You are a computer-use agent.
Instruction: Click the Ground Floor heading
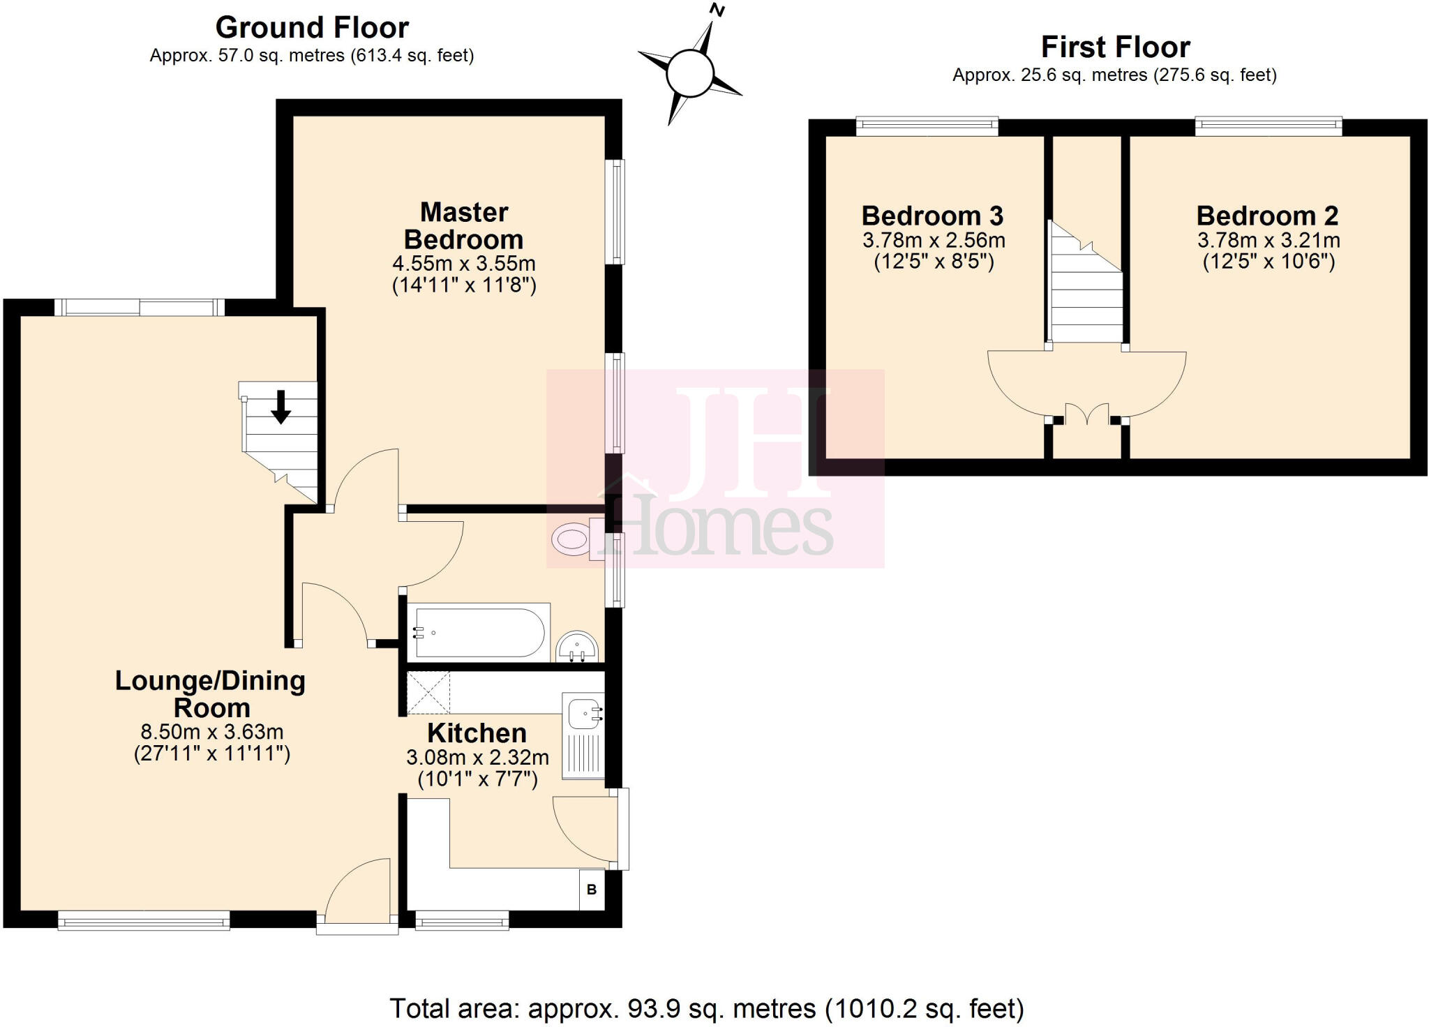click(x=312, y=28)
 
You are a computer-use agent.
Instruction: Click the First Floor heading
click(x=1115, y=47)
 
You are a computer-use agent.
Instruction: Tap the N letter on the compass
click(x=717, y=10)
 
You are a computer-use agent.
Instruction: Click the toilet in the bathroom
click(x=574, y=539)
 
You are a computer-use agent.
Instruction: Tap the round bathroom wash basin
click(x=577, y=647)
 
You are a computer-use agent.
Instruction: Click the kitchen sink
click(x=583, y=714)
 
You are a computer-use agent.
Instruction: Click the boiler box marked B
click(x=592, y=890)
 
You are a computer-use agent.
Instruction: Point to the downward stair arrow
click(x=281, y=407)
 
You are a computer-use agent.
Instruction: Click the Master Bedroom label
click(x=464, y=225)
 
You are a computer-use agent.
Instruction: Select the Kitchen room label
click(x=477, y=733)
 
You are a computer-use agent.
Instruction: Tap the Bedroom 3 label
click(x=932, y=216)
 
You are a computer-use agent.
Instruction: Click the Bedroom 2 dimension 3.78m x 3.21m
click(x=1268, y=241)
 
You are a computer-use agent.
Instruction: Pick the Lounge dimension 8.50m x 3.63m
click(x=212, y=732)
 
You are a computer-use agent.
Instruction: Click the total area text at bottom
click(x=706, y=1008)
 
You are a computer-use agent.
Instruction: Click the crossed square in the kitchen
click(x=428, y=693)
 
